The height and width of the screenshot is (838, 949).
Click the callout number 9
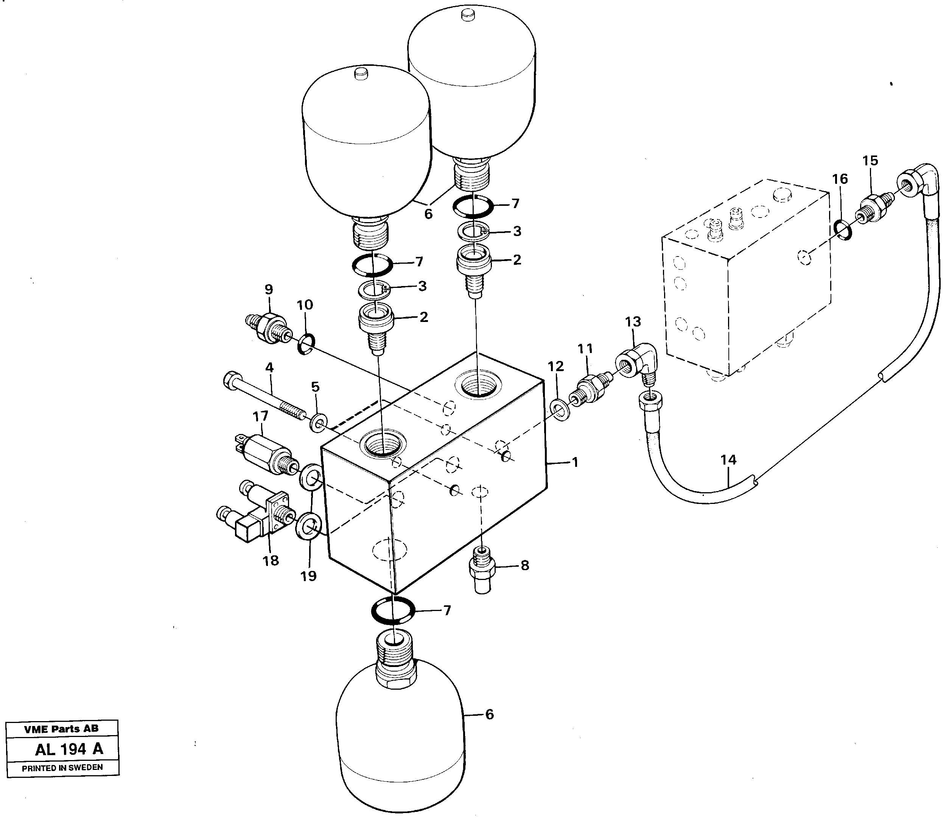pyautogui.click(x=268, y=289)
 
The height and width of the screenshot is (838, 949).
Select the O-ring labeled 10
pyautogui.click(x=306, y=343)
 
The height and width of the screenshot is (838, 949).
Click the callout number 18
pyautogui.click(x=271, y=560)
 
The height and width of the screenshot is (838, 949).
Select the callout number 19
pyautogui.click(x=308, y=576)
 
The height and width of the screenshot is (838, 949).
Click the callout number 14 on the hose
pyautogui.click(x=728, y=460)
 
